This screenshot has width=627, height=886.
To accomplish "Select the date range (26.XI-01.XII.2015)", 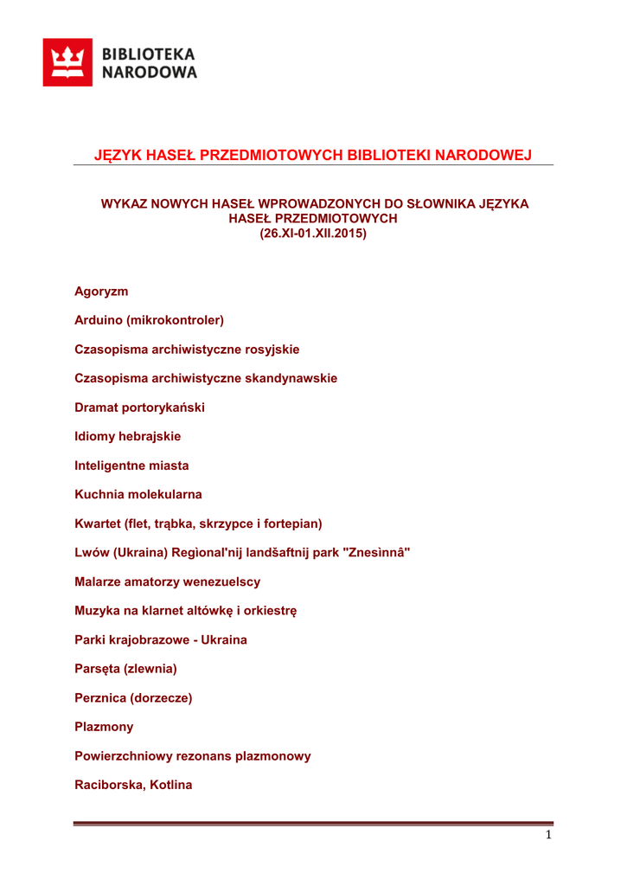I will pos(314,234).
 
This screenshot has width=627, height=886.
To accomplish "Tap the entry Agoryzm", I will pos(101,292).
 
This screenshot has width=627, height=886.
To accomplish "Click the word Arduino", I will pos(99,320).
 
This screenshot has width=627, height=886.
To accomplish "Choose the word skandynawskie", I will pos(291,378).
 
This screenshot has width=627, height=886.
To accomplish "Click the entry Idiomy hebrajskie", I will pos(127,436).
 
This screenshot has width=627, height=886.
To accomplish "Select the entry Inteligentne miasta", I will pos(131,465).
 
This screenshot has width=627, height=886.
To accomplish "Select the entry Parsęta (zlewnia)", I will pos(125,669).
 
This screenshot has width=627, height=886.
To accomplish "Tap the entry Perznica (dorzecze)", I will pos(133,698).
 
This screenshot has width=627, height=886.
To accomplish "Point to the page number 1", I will pos(548,835).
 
